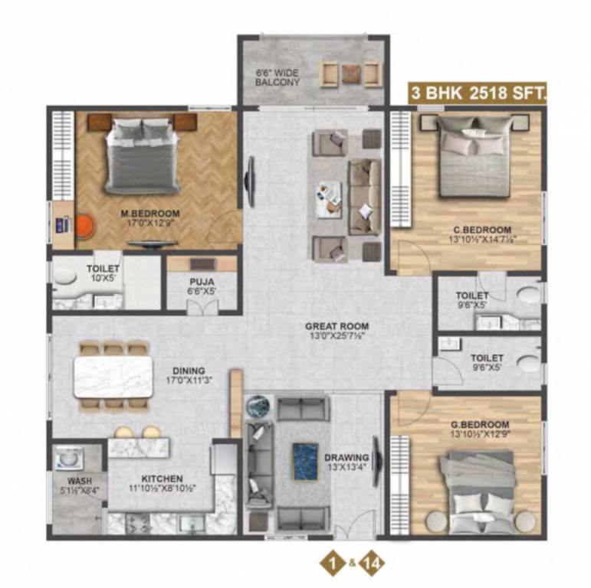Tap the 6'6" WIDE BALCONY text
click(277, 77)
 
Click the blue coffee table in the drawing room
click(304, 462)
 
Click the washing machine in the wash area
click(68, 459)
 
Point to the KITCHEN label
click(161, 478)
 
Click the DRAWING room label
click(346, 458)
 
